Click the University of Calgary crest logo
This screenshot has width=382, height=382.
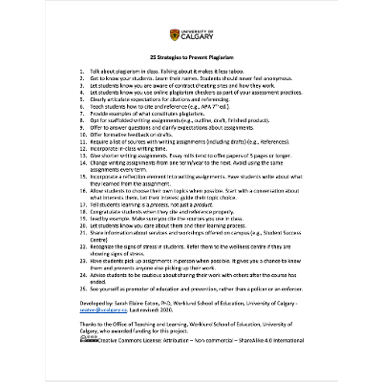click(173, 35)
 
